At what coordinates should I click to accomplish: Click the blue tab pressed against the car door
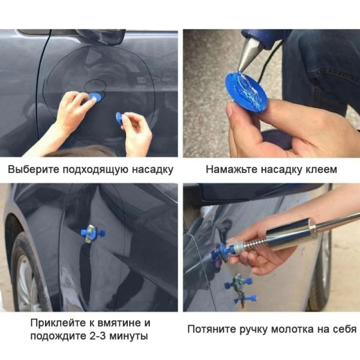point(95,97)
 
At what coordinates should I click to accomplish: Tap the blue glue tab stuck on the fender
point(91,233)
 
